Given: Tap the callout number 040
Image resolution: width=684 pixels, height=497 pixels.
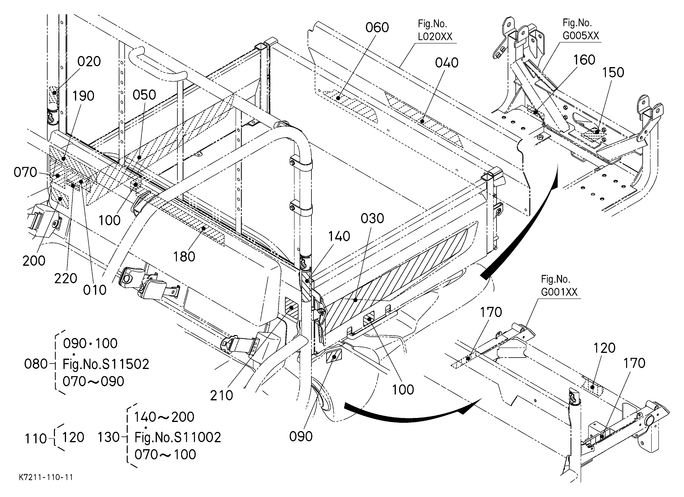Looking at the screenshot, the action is tap(447, 63).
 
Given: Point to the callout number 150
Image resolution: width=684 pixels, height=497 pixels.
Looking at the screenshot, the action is tap(613, 72).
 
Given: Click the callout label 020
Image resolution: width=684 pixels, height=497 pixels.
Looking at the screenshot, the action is tap(89, 62).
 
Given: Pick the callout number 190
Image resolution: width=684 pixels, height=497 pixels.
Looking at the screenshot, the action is tap(83, 96).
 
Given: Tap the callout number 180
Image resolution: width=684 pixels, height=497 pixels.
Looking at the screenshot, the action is tap(184, 257).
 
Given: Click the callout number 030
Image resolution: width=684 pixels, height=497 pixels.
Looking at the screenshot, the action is tap(372, 219).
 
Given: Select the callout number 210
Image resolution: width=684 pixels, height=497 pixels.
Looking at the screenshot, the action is tap(221, 395).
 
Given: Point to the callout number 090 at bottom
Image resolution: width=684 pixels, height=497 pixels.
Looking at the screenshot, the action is tap(301, 436).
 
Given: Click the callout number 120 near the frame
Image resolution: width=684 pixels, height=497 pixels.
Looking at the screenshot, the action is tap(604, 348).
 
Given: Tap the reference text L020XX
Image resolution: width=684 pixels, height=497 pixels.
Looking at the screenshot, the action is tap(435, 37).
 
